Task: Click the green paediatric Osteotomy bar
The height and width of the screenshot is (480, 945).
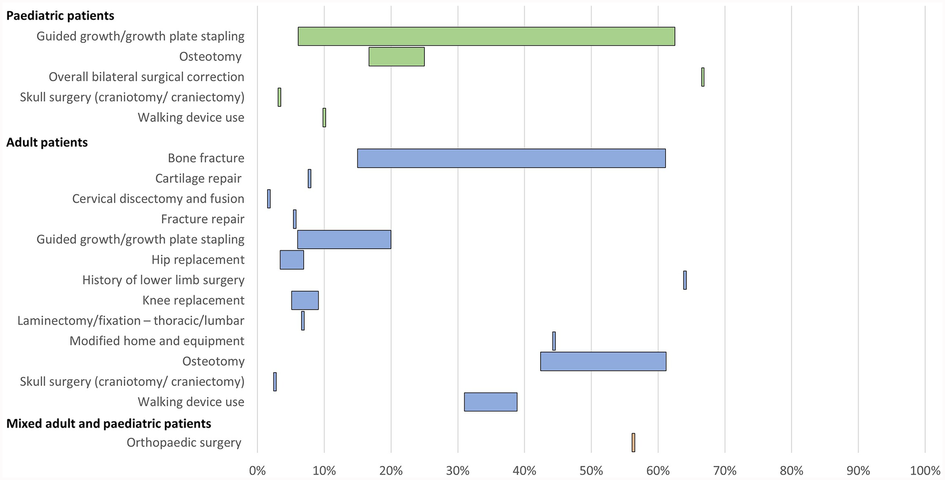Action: coord(396,56)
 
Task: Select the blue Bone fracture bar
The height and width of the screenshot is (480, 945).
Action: coord(511,158)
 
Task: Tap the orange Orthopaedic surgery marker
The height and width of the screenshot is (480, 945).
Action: coord(633,443)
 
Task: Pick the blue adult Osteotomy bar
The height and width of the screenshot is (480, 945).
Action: coord(603,361)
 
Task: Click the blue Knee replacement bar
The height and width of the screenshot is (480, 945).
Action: coord(305,300)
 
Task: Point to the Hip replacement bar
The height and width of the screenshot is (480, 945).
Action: coord(292,260)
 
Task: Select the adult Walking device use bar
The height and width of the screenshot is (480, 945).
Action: coord(490,402)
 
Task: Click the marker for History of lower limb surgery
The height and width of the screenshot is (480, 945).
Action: coord(685,280)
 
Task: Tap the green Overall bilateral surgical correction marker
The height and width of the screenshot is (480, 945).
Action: coord(703,77)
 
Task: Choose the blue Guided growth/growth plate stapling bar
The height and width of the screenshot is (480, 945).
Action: coord(344,239)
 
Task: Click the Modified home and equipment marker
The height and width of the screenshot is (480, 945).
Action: coord(554,341)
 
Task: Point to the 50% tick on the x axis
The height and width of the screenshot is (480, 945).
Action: coord(591,471)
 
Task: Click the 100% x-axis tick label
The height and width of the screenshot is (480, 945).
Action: coord(925,471)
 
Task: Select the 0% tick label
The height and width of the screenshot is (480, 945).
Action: coord(257,471)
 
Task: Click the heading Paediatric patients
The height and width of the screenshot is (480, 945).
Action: coord(60,15)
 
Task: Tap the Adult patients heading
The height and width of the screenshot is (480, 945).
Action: coord(47,142)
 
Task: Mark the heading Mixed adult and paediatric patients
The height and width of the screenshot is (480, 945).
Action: coord(108,424)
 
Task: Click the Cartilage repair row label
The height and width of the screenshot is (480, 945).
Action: coord(198,178)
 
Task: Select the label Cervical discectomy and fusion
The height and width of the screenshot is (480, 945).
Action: coord(158,199)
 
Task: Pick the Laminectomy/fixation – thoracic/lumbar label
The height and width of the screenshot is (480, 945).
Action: coord(131,321)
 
